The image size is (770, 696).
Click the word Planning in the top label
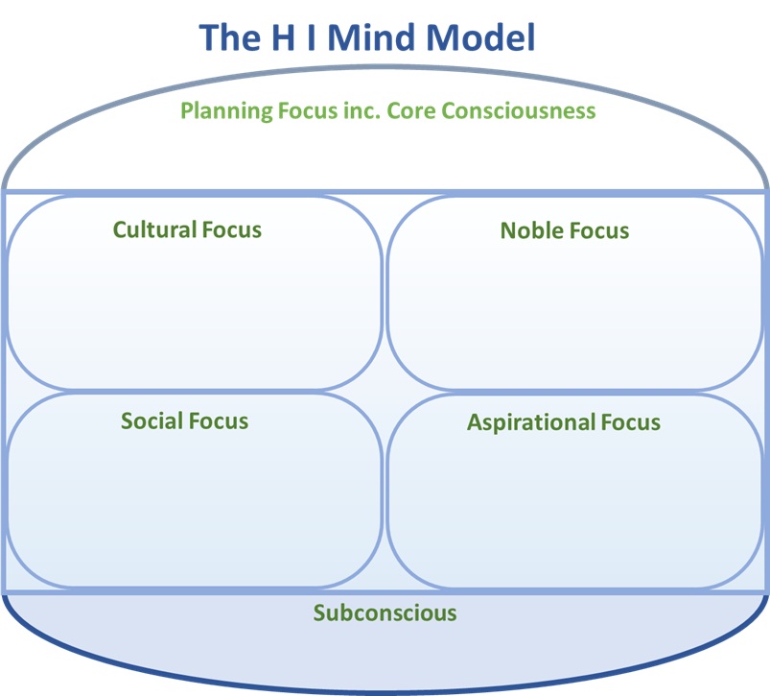[222, 111]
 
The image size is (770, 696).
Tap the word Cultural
[154, 229]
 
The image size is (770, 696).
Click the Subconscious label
[385, 612]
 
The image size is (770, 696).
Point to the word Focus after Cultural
[232, 229]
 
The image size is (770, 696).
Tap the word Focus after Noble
[599, 230]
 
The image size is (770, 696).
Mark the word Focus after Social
[219, 421]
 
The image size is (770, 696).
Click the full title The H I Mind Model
[367, 37]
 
